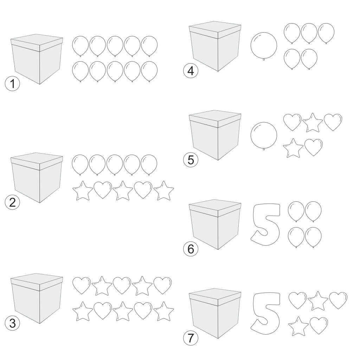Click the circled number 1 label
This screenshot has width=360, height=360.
(12, 83)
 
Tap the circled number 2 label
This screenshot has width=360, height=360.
(12, 202)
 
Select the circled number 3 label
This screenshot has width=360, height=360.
(12, 323)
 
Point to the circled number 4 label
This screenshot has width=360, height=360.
(191, 71)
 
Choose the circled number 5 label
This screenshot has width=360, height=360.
(191, 160)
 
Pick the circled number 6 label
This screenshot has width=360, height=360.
(191, 249)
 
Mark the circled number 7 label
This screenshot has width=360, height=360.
(191, 338)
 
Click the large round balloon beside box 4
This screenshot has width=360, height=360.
(264, 46)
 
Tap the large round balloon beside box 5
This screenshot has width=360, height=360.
(264, 136)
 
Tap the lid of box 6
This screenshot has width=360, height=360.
(215, 208)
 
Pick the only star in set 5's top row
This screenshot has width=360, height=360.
(313, 123)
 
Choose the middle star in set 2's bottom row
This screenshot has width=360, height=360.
(123, 191)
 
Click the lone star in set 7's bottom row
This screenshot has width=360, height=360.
(298, 327)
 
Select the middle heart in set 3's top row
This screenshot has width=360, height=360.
(122, 285)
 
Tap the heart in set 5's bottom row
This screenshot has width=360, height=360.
(313, 147)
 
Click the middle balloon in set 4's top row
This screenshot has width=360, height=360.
(309, 33)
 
